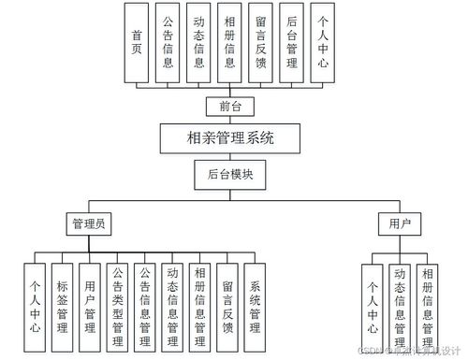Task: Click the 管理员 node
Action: coord(90,223)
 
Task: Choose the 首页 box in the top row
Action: coord(138,43)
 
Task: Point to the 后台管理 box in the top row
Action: coord(292,43)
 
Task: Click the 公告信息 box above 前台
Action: coord(168,43)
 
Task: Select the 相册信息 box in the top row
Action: coord(230,43)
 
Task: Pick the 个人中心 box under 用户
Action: coord(373,306)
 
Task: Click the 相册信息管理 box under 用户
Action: coord(427,306)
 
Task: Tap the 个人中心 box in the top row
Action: coord(323,43)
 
